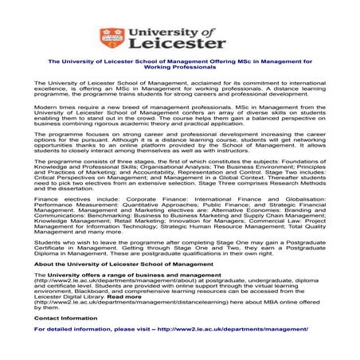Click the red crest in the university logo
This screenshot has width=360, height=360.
(109, 37)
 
